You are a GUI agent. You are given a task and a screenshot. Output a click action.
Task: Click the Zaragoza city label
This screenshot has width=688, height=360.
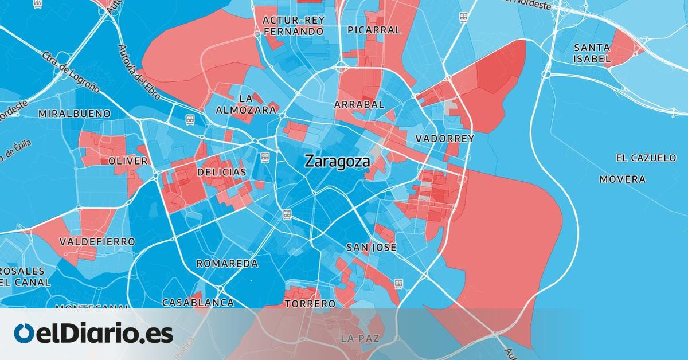[x=337, y=161]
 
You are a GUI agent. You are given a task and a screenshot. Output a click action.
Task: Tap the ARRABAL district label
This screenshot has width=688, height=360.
[x=359, y=104]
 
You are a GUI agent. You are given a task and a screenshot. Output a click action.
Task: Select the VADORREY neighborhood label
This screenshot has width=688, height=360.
[x=445, y=139]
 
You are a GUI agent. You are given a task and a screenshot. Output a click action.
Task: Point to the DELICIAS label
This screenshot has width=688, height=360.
[x=221, y=172]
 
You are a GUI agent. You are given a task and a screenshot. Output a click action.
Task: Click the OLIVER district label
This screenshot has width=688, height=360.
[x=128, y=161]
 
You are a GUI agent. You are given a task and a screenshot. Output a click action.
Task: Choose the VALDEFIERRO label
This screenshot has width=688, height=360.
[x=97, y=242]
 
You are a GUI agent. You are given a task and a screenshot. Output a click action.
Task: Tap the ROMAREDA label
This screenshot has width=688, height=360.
[x=227, y=264]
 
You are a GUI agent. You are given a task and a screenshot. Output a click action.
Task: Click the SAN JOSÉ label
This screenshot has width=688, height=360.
[x=372, y=248]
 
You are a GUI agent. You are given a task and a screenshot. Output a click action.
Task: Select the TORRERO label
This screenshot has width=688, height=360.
[x=310, y=303]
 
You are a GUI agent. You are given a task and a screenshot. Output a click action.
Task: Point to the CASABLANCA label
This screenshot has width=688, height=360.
[x=198, y=302]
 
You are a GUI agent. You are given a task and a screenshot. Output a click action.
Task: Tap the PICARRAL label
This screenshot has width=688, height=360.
[x=374, y=30]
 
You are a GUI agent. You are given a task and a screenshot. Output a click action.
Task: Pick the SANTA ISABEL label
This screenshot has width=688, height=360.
[x=592, y=53]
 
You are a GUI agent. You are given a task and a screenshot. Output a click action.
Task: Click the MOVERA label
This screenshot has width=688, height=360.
[x=622, y=179]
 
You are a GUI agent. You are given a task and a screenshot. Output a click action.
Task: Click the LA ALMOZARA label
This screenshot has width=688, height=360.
[x=246, y=104]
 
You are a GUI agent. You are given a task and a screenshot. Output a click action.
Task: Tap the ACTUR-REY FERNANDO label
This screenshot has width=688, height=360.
[x=293, y=26]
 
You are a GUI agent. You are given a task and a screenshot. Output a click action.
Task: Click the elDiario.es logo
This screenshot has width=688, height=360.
[x=93, y=334]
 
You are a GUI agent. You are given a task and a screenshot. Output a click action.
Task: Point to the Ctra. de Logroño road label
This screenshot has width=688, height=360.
[x=71, y=72]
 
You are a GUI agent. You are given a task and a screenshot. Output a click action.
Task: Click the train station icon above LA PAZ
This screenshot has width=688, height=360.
[x=398, y=283]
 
